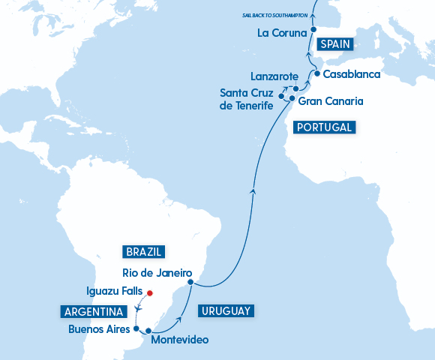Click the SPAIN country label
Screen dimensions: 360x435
(334, 44)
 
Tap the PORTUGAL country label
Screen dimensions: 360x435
(324, 127)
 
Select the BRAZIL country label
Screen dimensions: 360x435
(145, 252)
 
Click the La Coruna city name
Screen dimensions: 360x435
(282, 33)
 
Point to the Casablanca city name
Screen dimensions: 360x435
(352, 74)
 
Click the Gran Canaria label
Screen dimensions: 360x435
(331, 100)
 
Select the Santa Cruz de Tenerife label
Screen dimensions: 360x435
(246, 99)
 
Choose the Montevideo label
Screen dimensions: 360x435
(179, 340)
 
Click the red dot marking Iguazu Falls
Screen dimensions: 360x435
(149, 293)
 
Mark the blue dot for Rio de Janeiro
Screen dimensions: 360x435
(190, 282)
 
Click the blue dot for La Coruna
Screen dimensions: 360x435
(313, 32)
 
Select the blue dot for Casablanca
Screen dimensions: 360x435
(317, 73)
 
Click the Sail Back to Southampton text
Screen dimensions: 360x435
(276, 14)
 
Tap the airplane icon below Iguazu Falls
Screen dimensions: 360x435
(139, 307)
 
